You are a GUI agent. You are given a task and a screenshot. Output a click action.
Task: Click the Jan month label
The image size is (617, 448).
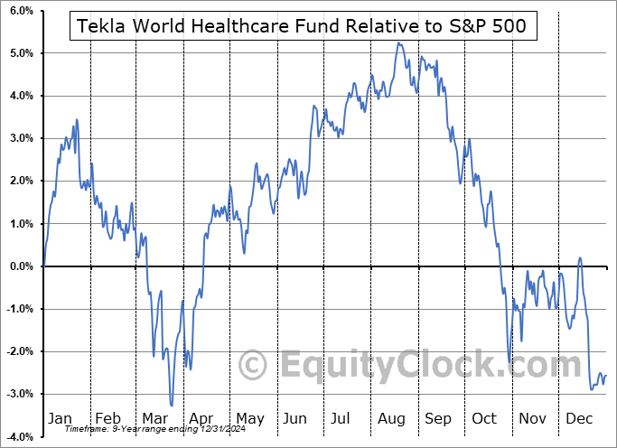pos(60,419)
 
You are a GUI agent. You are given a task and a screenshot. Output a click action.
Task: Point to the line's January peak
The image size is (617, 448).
pos(76,119)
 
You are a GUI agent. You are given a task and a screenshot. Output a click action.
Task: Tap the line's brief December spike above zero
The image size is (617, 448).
pos(579,258)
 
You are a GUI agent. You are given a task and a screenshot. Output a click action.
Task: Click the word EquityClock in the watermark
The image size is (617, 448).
pos(425,366)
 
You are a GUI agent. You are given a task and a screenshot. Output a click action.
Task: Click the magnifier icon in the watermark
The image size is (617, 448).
pos(252,366)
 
